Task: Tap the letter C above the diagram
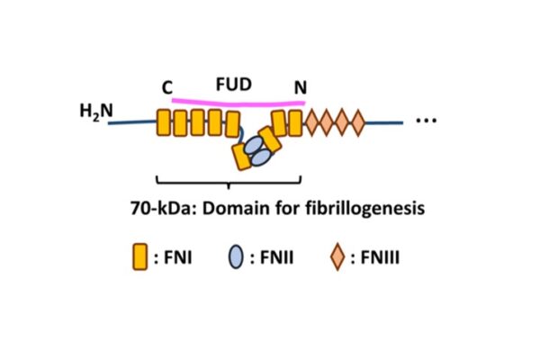pos(166,87)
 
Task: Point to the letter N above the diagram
pos(300,88)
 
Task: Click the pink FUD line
pos(234,102)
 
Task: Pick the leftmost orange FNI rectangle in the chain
pos(164,122)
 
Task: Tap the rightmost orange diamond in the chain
pos(357,121)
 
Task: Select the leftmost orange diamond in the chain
pos(314,121)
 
